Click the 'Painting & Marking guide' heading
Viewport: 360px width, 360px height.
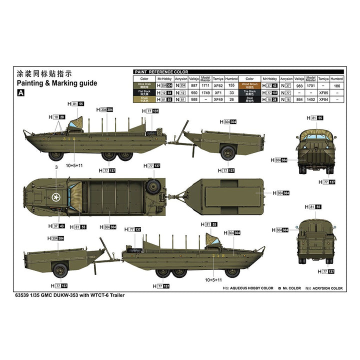(57, 83)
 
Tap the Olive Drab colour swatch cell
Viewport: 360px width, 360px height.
(144, 85)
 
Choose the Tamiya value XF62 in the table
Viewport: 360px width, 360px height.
(218, 85)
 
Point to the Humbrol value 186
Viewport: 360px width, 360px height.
(337, 85)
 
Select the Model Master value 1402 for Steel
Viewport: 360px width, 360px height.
(310, 99)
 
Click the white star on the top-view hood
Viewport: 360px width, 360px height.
(56, 195)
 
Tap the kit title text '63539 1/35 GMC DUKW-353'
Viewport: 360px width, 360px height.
(56, 295)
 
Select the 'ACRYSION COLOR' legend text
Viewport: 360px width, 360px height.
(324, 288)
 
